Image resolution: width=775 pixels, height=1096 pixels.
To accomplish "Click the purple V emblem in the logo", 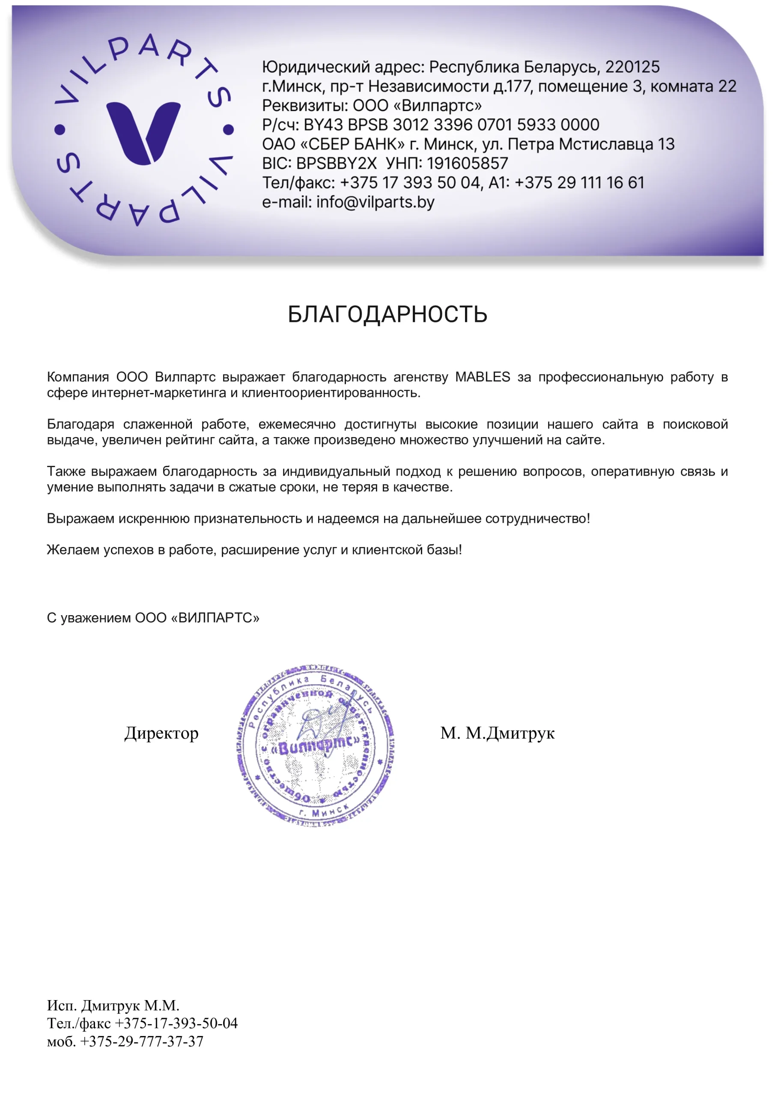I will [143, 132].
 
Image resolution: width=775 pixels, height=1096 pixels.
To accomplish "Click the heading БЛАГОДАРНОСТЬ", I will [387, 314].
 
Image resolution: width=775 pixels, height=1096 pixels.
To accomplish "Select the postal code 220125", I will [632, 67].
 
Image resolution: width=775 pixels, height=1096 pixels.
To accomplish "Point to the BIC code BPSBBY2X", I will [336, 163].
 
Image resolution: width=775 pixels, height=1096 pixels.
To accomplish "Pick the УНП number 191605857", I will [468, 163].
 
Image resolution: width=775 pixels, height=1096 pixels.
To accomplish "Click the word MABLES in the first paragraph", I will [482, 377].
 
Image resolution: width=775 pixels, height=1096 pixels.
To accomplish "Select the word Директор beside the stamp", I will [161, 733].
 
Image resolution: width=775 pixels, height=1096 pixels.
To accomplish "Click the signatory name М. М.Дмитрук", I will [497, 733].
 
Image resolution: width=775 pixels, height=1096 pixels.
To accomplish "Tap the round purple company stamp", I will [315, 745].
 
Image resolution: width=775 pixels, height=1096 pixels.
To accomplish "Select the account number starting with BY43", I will [451, 125].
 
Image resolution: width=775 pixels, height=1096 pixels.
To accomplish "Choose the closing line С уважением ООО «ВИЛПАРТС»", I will [153, 618].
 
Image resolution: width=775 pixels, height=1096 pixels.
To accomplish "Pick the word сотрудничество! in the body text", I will [538, 518].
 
